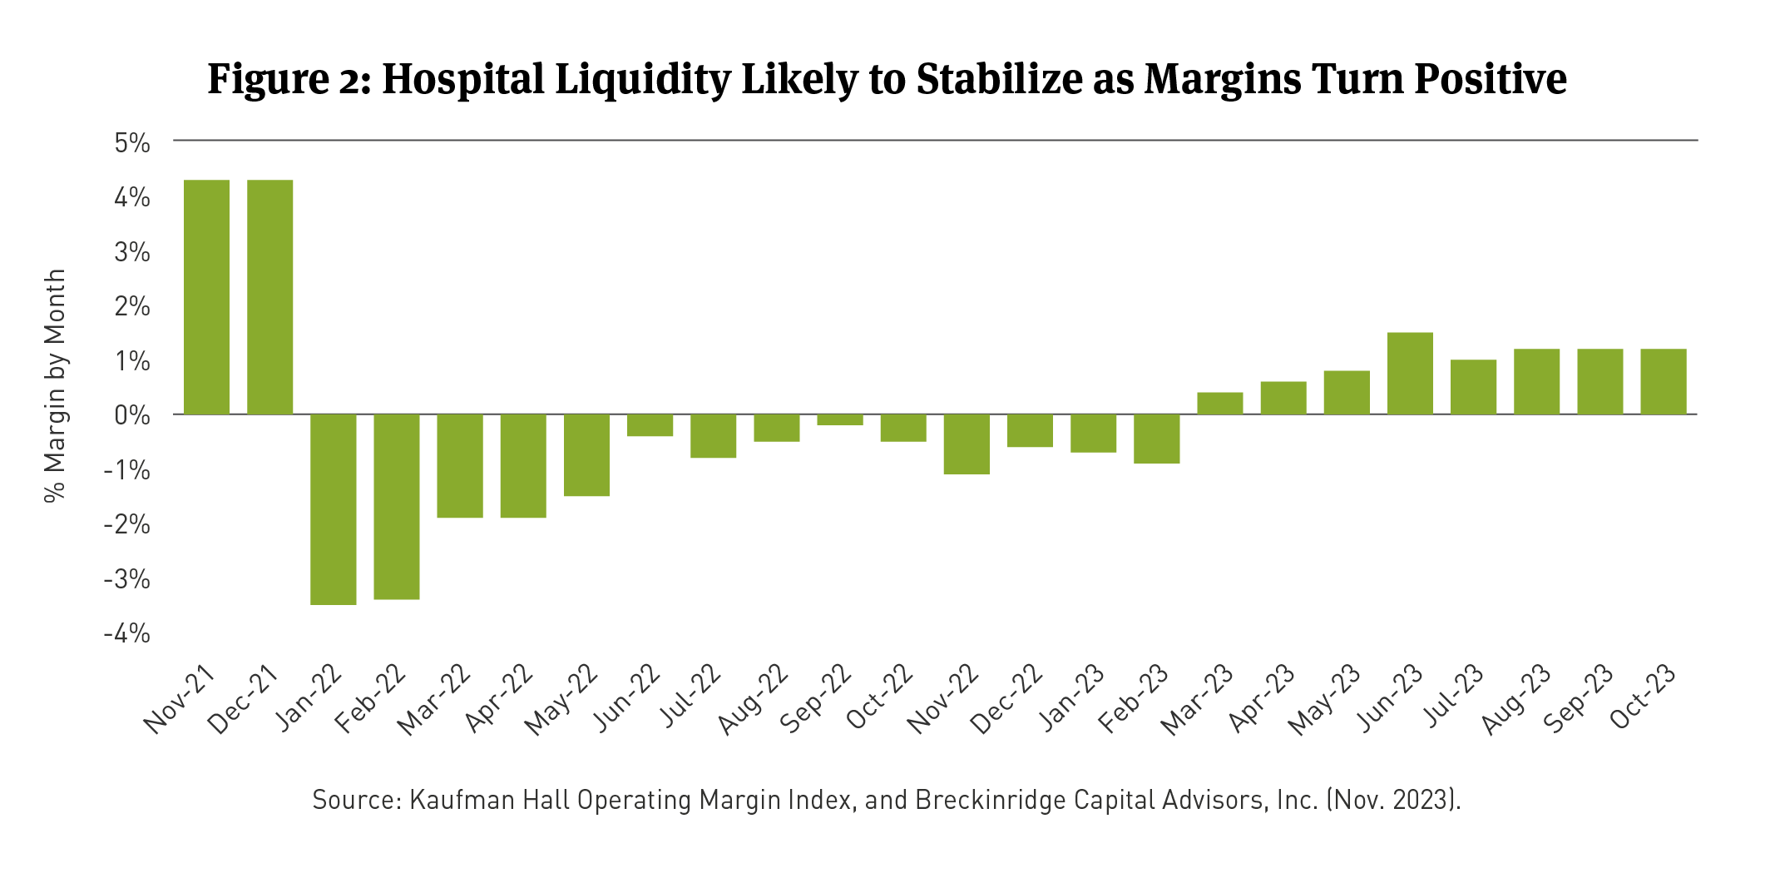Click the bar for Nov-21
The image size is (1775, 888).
click(206, 297)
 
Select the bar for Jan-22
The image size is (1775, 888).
click(334, 509)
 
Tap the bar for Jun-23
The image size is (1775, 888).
click(1410, 374)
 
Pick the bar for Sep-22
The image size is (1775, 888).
click(840, 419)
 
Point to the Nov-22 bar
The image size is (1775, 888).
click(967, 444)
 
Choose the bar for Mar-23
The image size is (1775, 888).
click(1220, 404)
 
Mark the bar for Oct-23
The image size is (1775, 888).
click(1664, 381)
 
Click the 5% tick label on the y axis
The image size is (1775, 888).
click(133, 143)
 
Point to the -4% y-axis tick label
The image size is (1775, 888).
click(127, 634)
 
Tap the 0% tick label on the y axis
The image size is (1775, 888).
click(133, 415)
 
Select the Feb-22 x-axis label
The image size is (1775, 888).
click(372, 699)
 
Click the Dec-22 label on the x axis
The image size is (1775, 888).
click(1008, 699)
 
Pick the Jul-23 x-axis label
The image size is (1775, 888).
click(1454, 696)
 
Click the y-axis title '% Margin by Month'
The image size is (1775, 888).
click(55, 385)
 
